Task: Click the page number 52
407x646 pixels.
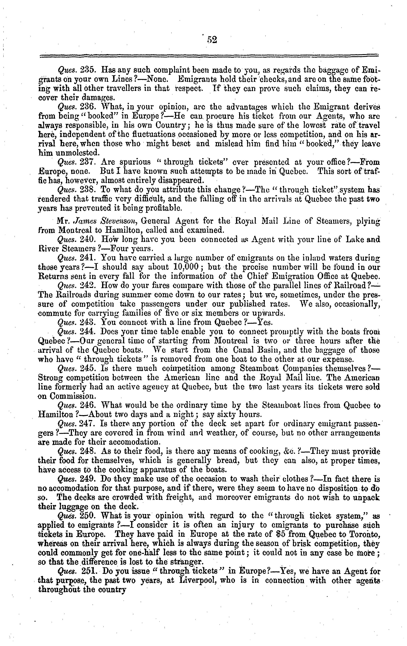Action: [x=212, y=40]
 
